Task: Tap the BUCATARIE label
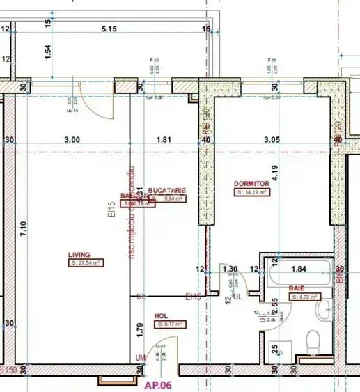pyautogui.click(x=167, y=190)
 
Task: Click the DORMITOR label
pyautogui.click(x=252, y=183)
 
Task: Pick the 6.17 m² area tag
pyautogui.click(x=170, y=324)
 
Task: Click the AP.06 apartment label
pyautogui.click(x=157, y=384)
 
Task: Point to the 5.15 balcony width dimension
pyautogui.click(x=108, y=29)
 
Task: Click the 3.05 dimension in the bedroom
pyautogui.click(x=272, y=139)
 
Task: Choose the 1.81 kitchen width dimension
pyautogui.click(x=164, y=139)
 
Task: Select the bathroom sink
pyautogui.click(x=322, y=312)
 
